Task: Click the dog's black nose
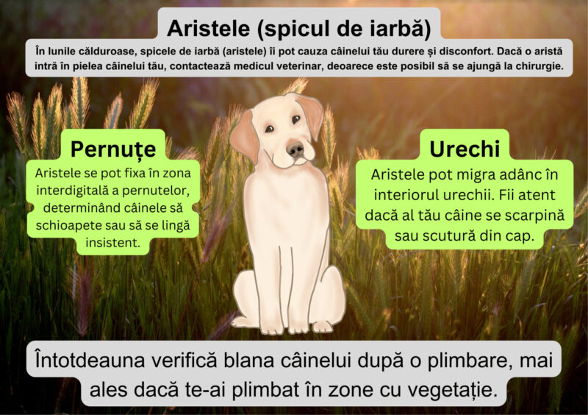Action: [x=295, y=150]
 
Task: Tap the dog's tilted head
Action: [x=279, y=132]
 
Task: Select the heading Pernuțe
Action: [x=113, y=149]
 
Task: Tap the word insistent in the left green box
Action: [x=114, y=242]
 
